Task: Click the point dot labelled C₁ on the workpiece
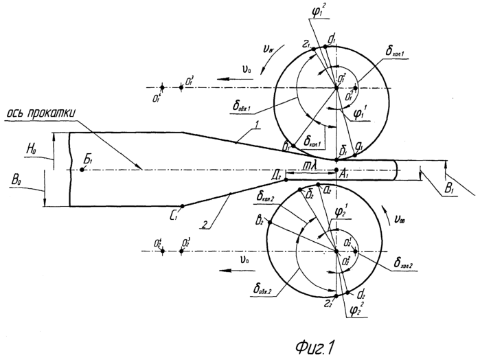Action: pyautogui.click(x=181, y=206)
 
